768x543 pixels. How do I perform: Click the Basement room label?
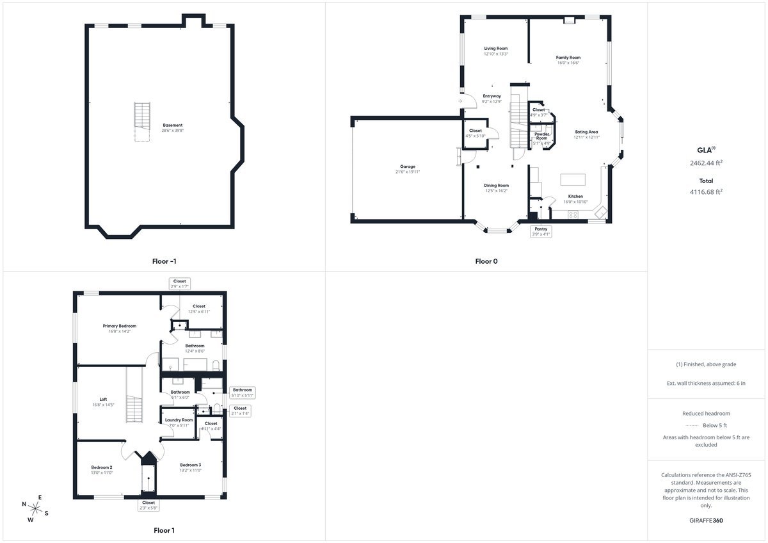pos(172,125)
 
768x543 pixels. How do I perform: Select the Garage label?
pos(408,166)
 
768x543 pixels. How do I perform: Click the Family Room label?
pos(568,58)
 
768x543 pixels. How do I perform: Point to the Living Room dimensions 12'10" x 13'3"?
pos(495,54)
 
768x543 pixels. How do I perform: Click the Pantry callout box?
pos(541,231)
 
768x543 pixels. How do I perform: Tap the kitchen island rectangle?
pos(573,179)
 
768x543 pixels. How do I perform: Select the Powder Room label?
pos(541,136)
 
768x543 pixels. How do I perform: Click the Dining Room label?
pos(497,185)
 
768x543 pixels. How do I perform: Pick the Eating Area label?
pos(586,132)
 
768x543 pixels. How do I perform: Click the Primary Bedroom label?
pos(120,326)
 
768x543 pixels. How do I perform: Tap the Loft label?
pos(103,399)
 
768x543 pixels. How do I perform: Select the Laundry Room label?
pos(179,420)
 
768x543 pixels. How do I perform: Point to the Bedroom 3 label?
pos(190,465)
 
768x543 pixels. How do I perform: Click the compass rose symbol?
pos(36,509)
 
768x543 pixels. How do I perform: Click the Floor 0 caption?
pos(486,261)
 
